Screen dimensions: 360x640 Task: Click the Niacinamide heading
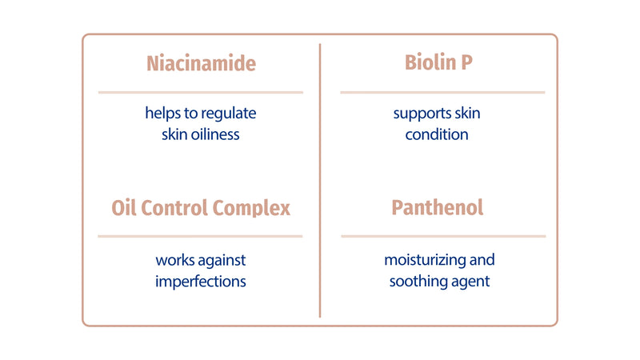pyautogui.click(x=200, y=64)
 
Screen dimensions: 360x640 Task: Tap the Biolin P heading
pyautogui.click(x=438, y=64)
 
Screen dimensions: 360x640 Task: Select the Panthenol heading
pyautogui.click(x=438, y=208)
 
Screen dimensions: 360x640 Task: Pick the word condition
pyautogui.click(x=437, y=134)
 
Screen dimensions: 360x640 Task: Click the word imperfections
pyautogui.click(x=200, y=282)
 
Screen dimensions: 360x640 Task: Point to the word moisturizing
pyautogui.click(x=424, y=261)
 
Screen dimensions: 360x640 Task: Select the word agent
pyautogui.click(x=471, y=282)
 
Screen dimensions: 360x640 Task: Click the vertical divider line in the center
pyautogui.click(x=320, y=180)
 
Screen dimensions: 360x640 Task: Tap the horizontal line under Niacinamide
pyautogui.click(x=200, y=92)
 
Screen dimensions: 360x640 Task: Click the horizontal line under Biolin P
pyautogui.click(x=442, y=92)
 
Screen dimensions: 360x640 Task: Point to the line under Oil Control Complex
pyautogui.click(x=200, y=236)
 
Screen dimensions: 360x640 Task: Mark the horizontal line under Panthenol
pyautogui.click(x=442, y=236)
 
